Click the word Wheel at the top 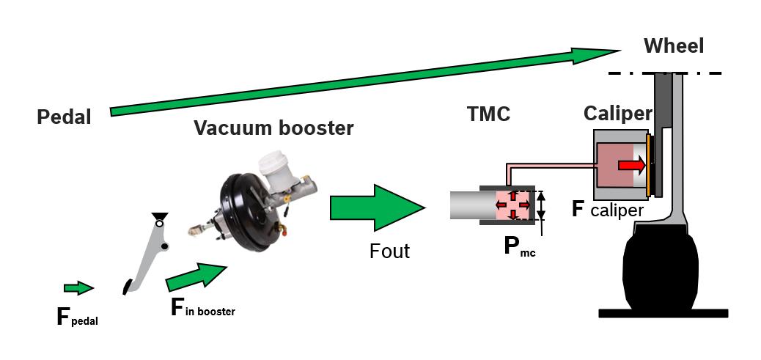point(673,46)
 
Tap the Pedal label point(65,117)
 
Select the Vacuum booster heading point(273,128)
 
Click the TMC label point(488,114)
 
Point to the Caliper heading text point(617,114)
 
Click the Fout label point(389,251)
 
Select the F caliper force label point(607,210)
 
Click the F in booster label point(203,307)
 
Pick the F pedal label point(76,317)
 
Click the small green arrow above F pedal point(78,287)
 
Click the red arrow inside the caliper point(631,166)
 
